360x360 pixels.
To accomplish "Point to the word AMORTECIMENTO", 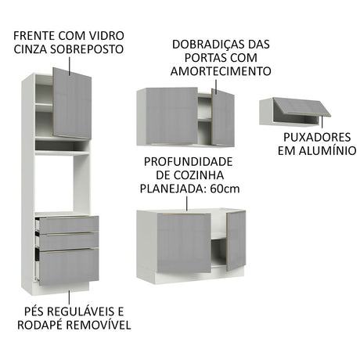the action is (x=221, y=71).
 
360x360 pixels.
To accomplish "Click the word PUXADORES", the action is (x=317, y=137).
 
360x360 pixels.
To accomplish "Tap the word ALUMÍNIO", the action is (x=327, y=151).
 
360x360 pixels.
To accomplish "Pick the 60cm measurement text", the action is (x=225, y=189).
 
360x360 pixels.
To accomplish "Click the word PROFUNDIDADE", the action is (x=188, y=162).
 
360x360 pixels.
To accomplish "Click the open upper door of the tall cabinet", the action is (x=72, y=103).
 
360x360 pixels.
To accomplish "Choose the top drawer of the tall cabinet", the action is (x=69, y=225).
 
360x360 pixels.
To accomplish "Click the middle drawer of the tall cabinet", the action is (x=69, y=241).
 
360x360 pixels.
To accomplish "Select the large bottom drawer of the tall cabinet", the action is (x=69, y=266).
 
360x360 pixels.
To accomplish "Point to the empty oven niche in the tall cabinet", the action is (x=62, y=183).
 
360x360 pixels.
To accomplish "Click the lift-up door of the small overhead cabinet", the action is (x=302, y=106).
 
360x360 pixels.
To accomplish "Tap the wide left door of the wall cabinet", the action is (x=171, y=116).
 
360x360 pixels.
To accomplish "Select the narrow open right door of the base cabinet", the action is (x=236, y=241).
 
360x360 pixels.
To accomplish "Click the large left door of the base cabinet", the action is (x=184, y=243).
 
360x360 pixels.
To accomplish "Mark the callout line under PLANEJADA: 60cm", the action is (x=187, y=203).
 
